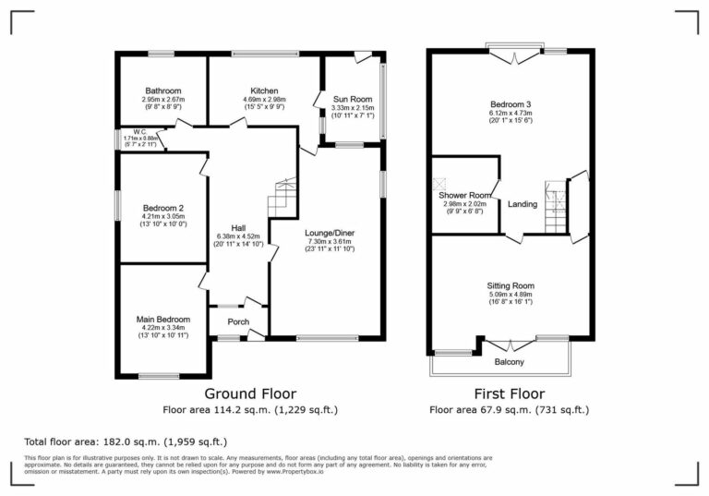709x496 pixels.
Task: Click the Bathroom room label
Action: tap(162, 91)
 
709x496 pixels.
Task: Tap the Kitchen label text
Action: tap(264, 91)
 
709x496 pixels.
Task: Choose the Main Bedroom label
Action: tap(162, 320)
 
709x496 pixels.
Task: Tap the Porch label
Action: tap(238, 322)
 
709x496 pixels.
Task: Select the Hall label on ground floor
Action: tap(238, 228)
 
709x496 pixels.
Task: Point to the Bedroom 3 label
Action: tap(511, 104)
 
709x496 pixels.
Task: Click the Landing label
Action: tap(523, 204)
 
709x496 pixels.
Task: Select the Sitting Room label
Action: tap(511, 286)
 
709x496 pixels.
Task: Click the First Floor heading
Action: tap(509, 393)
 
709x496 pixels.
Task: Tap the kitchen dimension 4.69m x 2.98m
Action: tap(264, 100)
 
